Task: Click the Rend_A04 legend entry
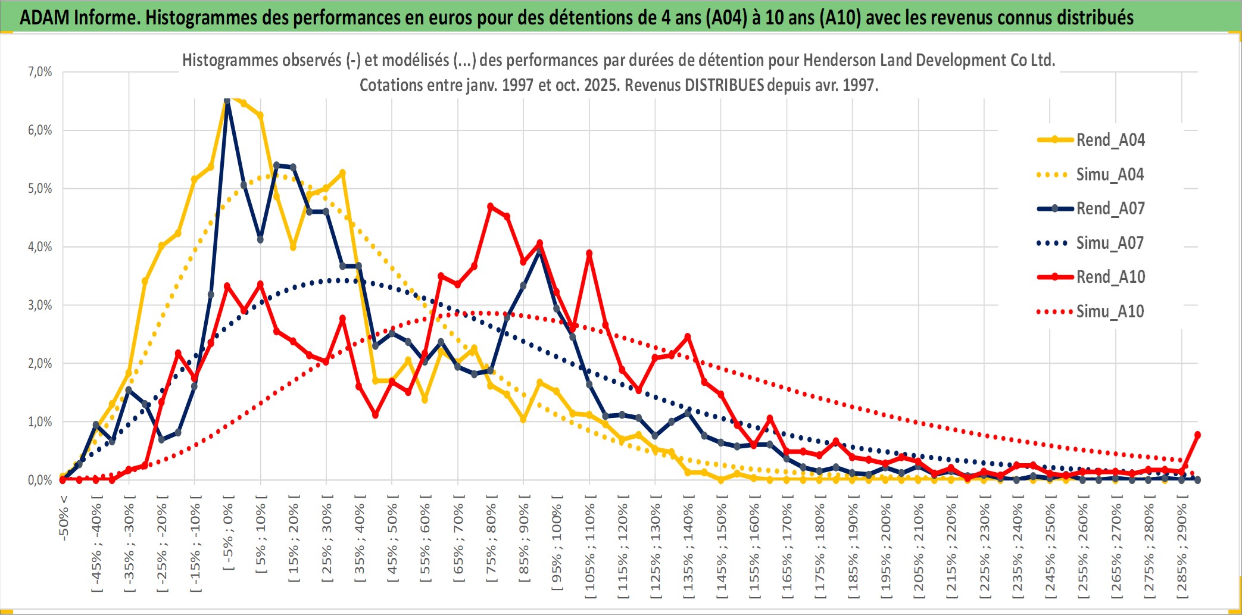1110,140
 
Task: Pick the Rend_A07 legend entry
1110,208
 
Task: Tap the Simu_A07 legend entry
1110,243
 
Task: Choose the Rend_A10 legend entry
1110,277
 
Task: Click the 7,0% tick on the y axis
40,72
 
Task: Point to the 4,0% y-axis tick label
40,246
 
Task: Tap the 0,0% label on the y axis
40,480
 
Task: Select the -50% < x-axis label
64,517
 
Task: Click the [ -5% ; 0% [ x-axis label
228,536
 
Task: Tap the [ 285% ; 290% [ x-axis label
1182,551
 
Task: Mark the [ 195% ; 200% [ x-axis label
886,551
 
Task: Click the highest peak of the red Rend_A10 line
491,207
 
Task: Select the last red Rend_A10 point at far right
1197,435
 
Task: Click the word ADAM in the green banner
45,17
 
